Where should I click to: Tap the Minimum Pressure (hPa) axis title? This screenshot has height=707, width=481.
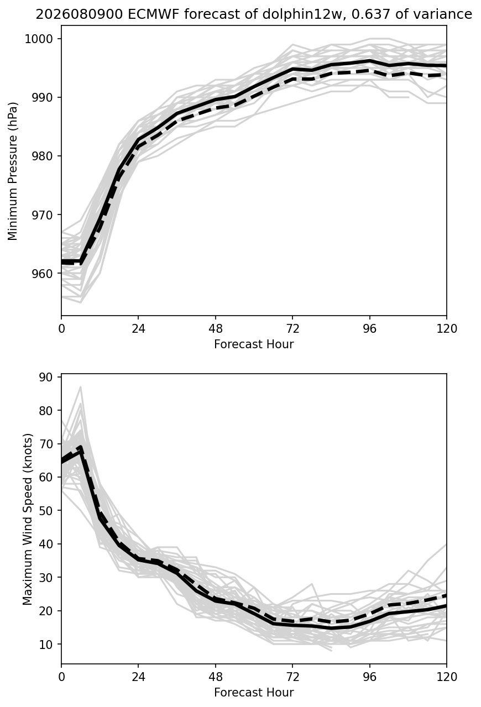point(13,171)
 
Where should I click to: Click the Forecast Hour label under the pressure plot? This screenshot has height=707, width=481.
point(254,344)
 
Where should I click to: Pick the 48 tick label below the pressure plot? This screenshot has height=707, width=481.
point(216,329)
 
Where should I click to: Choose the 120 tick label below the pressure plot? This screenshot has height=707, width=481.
point(447,329)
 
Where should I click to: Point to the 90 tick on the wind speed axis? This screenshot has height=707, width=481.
point(46,377)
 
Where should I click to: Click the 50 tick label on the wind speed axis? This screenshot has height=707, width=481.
point(46,510)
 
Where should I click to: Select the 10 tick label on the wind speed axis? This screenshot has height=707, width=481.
point(46,644)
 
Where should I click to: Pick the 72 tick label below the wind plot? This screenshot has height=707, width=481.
point(292,677)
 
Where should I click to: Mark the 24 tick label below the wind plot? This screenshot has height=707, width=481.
point(138,677)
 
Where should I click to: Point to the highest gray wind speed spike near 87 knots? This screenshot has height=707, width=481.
point(81,387)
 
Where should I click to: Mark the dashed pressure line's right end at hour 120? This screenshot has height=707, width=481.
point(446,75)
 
